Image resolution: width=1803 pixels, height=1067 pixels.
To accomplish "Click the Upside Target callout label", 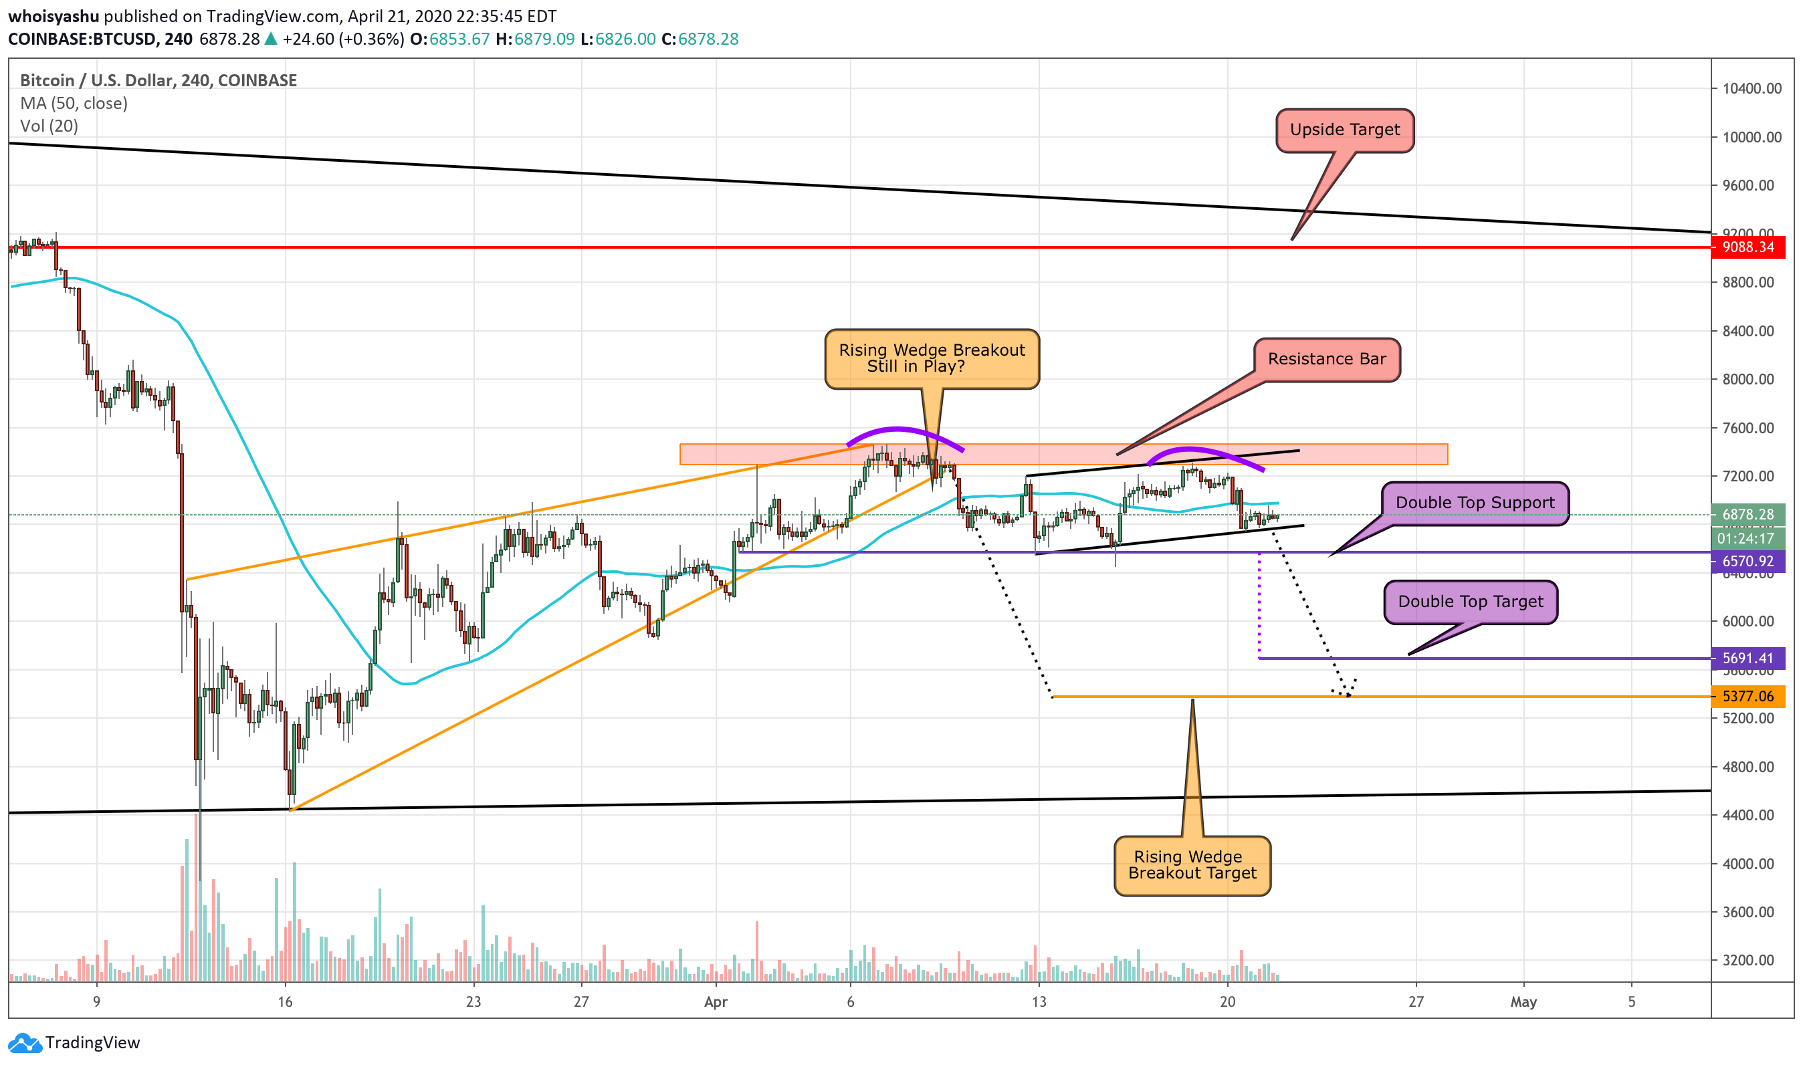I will tap(1344, 130).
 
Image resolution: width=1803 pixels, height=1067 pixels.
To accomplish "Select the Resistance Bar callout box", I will tap(1326, 360).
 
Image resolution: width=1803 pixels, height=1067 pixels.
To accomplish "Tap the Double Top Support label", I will tap(1475, 503).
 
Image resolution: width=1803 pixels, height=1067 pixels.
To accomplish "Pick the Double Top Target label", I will tap(1470, 602).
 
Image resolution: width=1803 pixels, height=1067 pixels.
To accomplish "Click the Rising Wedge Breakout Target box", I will tap(1192, 865).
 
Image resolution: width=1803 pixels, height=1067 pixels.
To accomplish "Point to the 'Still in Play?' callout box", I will tap(932, 359).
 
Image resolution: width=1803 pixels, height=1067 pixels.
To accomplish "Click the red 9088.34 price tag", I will tap(1747, 247).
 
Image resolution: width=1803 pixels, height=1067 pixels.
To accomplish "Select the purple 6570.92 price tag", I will tap(1747, 562).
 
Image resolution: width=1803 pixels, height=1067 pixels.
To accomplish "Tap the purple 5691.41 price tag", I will tap(1747, 659).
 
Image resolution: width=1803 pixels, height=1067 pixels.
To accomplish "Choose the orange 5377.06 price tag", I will tap(1747, 696).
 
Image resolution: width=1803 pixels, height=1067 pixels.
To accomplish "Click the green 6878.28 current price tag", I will tap(1747, 515).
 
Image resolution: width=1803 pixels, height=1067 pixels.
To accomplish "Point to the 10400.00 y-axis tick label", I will tap(1752, 88).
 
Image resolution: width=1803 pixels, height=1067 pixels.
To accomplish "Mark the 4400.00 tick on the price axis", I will tap(1752, 816).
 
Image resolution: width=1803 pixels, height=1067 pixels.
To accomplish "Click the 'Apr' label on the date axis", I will tap(716, 1001).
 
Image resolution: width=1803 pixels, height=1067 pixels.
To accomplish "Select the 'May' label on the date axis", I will tap(1523, 1001).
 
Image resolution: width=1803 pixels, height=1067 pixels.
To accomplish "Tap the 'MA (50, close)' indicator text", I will tap(74, 104).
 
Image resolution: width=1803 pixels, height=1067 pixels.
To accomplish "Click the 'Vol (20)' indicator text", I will tap(49, 126).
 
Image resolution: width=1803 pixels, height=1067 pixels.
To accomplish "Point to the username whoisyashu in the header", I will tap(54, 16).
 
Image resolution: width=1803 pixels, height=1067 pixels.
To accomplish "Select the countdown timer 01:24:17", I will tap(1747, 539).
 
